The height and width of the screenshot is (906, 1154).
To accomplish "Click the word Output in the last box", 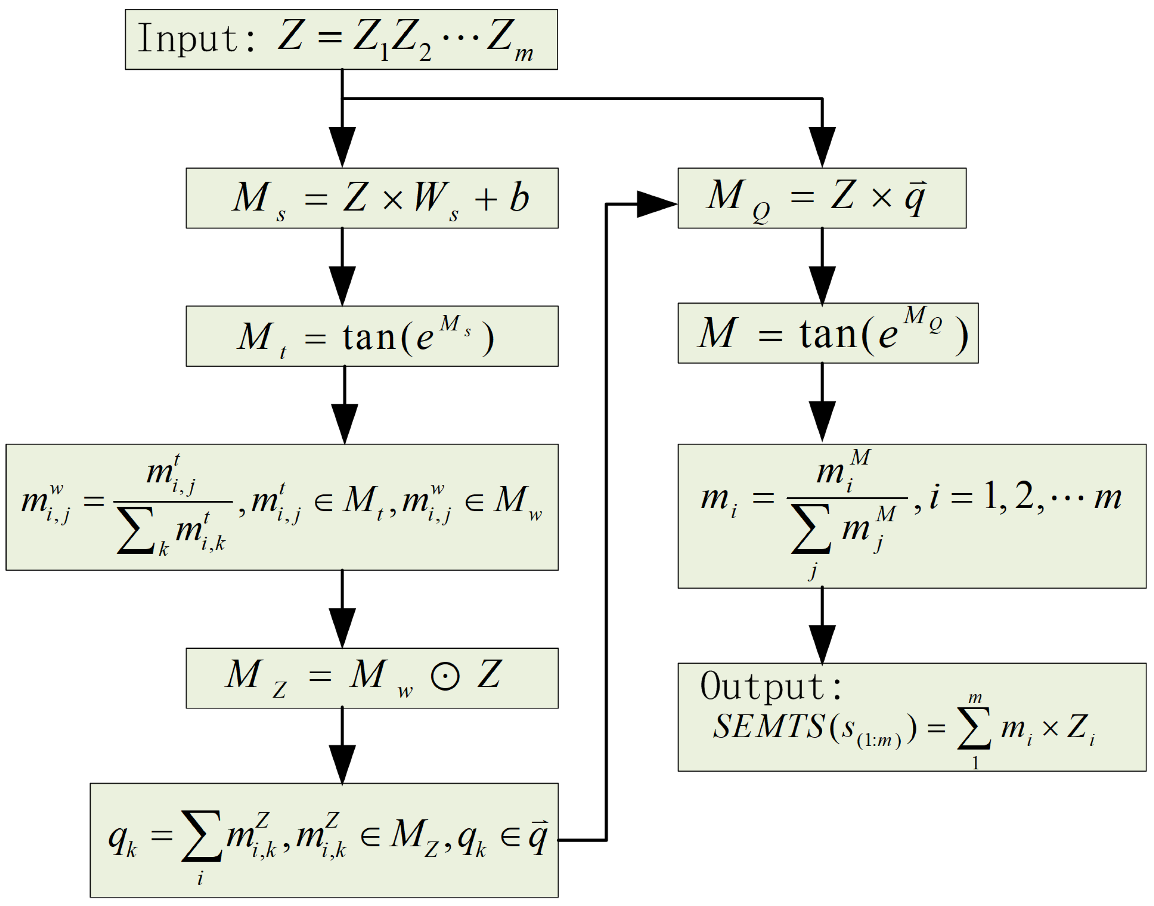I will click(x=764, y=687).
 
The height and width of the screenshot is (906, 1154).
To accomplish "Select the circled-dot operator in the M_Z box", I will click(x=445, y=677).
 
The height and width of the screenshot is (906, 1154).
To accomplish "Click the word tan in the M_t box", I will click(x=369, y=337).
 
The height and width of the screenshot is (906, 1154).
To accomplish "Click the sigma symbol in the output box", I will click(x=974, y=727).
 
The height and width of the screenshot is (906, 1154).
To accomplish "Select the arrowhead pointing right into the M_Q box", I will click(x=657, y=204).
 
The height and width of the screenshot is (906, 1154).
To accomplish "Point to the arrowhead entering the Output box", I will click(x=822, y=644).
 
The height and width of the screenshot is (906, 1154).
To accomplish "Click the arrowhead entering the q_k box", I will click(x=342, y=764).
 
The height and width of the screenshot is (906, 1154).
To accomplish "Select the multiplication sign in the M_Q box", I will click(x=881, y=198).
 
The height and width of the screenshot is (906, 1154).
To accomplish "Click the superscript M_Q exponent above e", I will click(x=923, y=317).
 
